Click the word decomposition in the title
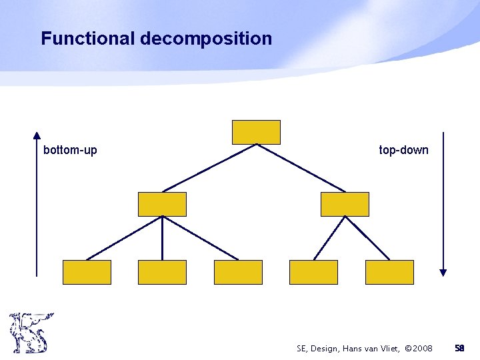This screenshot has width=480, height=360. [206, 39]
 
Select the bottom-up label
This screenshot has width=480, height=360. [70, 150]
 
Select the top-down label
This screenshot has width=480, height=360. [403, 150]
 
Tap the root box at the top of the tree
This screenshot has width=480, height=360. [256, 132]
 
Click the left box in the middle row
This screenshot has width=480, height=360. [162, 204]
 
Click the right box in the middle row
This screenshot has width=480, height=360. [345, 204]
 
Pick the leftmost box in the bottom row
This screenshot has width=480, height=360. [87, 272]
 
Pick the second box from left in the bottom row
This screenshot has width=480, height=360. [162, 272]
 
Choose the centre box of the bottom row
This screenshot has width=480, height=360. [238, 272]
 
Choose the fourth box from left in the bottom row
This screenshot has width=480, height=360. [313, 272]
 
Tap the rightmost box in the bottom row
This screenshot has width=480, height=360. [389, 272]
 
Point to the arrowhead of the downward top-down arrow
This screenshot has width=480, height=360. [443, 272]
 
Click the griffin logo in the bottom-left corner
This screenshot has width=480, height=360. [30, 332]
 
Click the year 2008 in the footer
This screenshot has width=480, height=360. [419, 349]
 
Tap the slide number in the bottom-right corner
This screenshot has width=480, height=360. [459, 349]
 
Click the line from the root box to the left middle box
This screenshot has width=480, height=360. [209, 168]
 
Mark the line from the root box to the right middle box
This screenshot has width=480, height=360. [301, 168]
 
